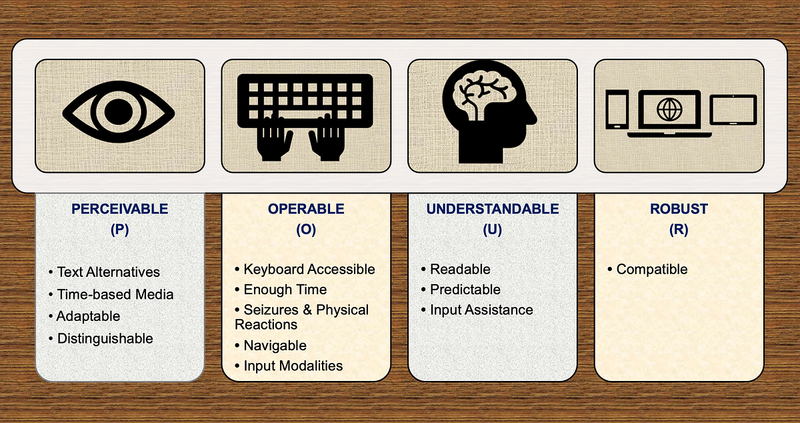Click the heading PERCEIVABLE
coord(119,209)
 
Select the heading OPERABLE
coord(306,209)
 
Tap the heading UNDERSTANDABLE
coord(493,209)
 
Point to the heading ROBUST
coord(679,209)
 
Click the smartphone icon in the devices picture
coord(617,110)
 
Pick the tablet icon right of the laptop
coord(733,109)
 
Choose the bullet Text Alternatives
coord(108,272)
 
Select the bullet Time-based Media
coord(115,294)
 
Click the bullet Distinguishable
coord(105,338)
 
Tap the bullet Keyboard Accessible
coord(309,270)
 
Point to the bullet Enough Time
coord(285,290)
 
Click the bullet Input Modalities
coord(293,366)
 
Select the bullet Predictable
coord(465,290)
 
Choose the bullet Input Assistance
coord(481,310)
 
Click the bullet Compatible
coord(651,270)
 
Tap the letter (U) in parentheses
coord(493,230)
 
